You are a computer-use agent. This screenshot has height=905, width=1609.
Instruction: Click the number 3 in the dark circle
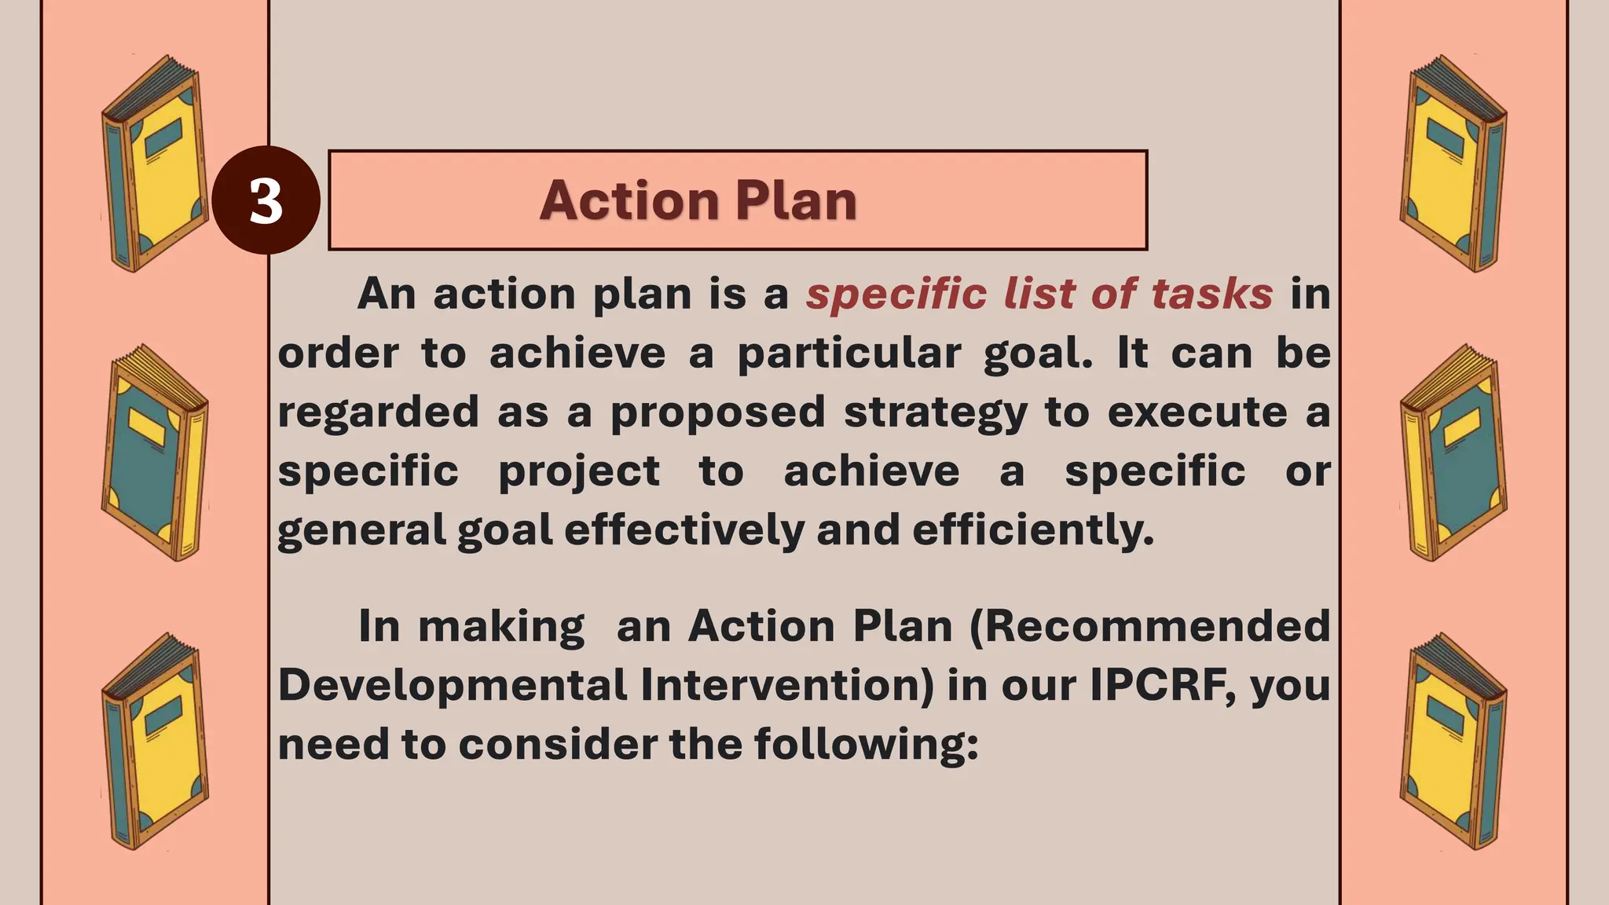point(266,200)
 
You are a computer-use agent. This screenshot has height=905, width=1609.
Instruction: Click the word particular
point(848,354)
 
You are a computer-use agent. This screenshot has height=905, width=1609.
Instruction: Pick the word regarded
point(378,412)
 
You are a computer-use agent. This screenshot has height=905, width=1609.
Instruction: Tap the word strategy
point(935,412)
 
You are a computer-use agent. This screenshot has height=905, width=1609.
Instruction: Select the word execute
point(1197,412)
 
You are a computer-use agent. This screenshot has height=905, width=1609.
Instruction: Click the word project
point(579,471)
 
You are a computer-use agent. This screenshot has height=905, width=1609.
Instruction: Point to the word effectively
point(684,530)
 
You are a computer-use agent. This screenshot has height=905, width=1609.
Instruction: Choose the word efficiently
point(1032,530)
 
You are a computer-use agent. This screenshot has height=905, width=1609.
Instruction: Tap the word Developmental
point(453,685)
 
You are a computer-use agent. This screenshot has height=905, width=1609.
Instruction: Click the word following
point(866,744)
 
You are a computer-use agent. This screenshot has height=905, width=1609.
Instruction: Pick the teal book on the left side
point(155,452)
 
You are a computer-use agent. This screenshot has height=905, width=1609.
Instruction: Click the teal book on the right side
point(1453,452)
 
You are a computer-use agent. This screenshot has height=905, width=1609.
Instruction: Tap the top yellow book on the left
point(155,163)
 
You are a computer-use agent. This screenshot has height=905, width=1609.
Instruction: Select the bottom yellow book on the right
point(1453,742)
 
